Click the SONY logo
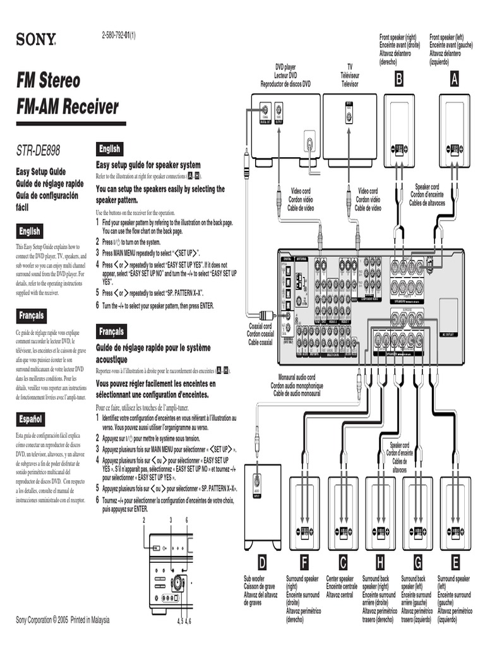tap(36, 41)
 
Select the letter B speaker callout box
tap(398, 79)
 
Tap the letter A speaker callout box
tap(454, 79)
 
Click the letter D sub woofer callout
tap(262, 563)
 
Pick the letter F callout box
tap(304, 563)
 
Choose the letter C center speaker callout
tap(343, 563)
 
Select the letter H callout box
tap(380, 563)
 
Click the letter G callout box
tap(417, 563)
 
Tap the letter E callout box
tap(455, 563)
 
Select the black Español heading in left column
tap(31, 419)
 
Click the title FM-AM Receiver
tap(68, 107)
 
